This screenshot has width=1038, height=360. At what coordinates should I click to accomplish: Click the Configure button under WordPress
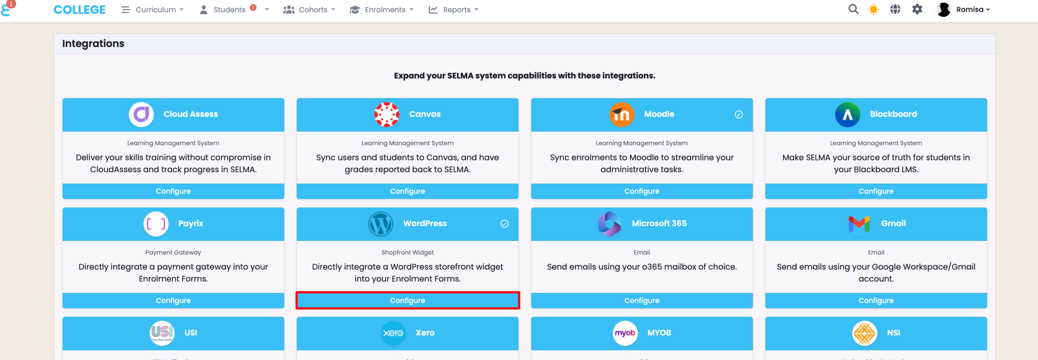click(x=407, y=300)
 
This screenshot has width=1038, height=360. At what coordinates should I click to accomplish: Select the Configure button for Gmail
click(x=876, y=300)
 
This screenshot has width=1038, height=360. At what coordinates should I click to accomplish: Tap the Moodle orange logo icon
click(x=622, y=115)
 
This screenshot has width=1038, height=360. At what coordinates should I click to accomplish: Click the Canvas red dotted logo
click(x=386, y=115)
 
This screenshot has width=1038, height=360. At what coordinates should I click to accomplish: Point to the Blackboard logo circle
click(x=847, y=115)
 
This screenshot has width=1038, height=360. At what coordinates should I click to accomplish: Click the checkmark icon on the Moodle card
click(x=739, y=114)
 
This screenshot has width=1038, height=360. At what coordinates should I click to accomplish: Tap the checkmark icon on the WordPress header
click(x=504, y=224)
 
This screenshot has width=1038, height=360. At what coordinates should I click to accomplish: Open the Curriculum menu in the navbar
click(x=152, y=10)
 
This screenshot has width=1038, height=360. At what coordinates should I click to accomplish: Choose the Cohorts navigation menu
click(x=309, y=10)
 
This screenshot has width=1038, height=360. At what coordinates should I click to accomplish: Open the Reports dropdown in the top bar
click(x=453, y=10)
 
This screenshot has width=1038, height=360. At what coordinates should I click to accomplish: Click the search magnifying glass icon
click(x=853, y=9)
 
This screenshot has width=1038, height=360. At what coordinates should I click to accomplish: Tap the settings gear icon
click(x=917, y=9)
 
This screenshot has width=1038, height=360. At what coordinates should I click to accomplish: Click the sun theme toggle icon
click(x=873, y=9)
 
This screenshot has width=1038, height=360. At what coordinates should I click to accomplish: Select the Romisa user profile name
click(x=969, y=9)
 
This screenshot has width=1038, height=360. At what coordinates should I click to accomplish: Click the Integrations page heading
click(x=93, y=43)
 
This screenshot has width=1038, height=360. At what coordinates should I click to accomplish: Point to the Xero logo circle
click(x=393, y=333)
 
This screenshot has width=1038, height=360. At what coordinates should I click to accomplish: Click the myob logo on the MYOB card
click(x=625, y=333)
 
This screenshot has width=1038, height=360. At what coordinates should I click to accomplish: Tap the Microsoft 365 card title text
click(x=659, y=223)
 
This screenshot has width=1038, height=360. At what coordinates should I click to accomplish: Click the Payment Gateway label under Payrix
click(x=173, y=252)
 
